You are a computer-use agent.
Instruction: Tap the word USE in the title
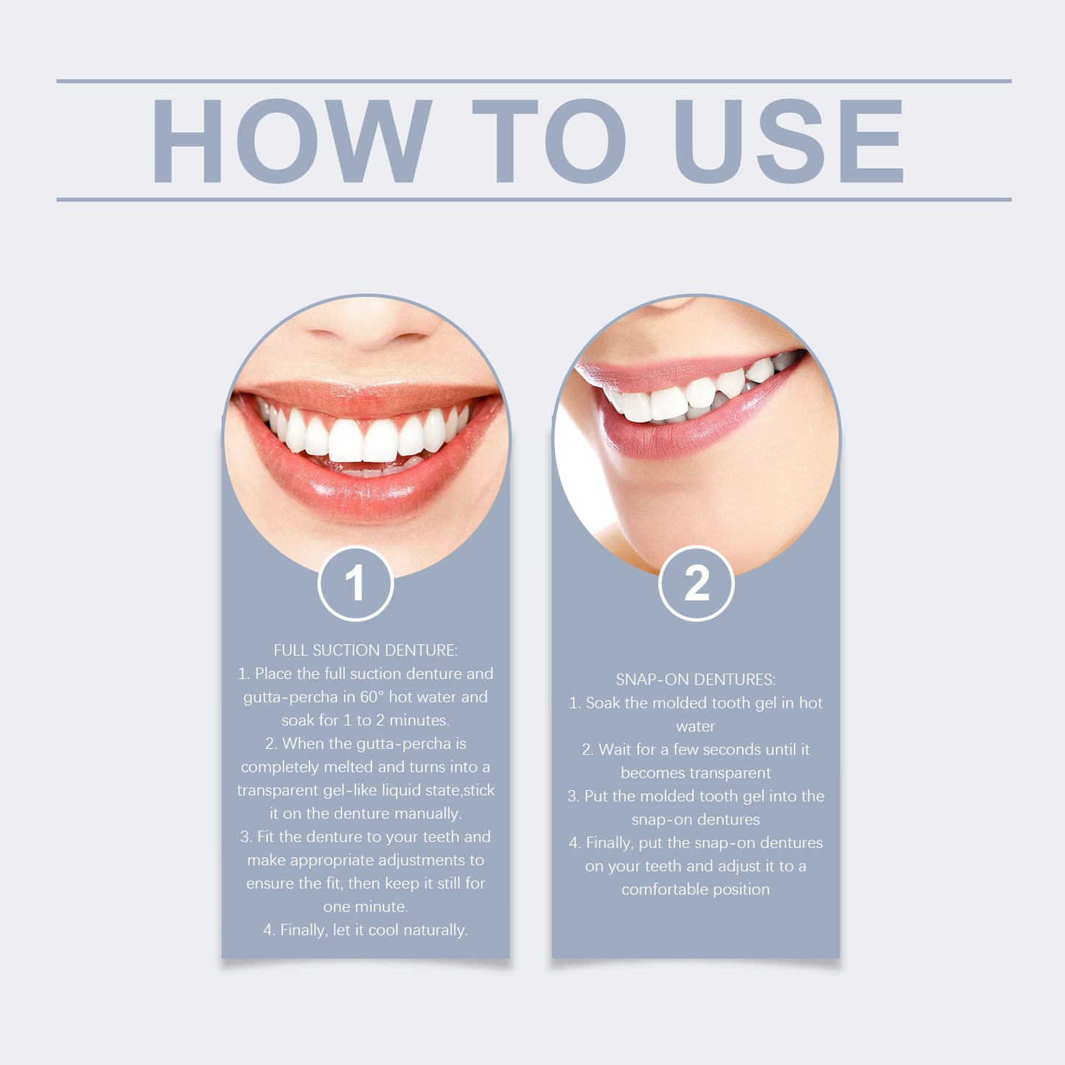click(789, 141)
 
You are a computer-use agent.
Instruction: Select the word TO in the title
click(548, 141)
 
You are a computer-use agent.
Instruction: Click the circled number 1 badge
click(355, 584)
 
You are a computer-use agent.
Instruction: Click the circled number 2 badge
click(696, 584)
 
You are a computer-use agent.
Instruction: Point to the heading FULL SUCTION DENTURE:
click(366, 650)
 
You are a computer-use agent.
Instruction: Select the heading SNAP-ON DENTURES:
click(696, 680)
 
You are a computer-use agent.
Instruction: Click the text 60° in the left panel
click(372, 697)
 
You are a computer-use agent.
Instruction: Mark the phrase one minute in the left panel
click(365, 907)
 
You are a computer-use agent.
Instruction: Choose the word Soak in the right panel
click(603, 703)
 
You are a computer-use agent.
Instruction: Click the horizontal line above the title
click(534, 81)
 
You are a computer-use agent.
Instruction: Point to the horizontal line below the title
click(534, 199)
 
